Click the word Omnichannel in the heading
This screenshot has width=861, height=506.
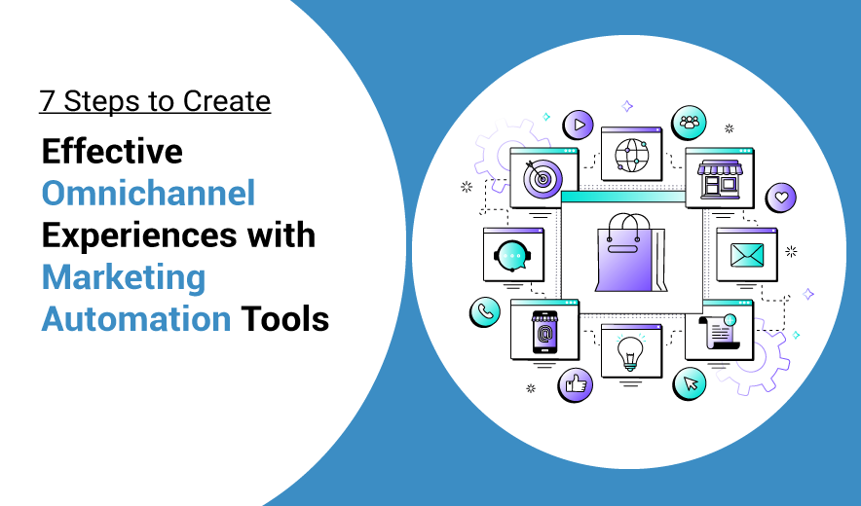(x=148, y=193)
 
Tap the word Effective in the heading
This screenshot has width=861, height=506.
(x=112, y=151)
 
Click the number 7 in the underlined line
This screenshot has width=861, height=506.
(x=47, y=101)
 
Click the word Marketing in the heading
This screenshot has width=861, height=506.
(x=124, y=276)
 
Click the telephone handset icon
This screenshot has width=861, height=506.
(x=484, y=311)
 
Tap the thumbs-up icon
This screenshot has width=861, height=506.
(x=576, y=384)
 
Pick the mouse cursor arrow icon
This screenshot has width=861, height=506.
(x=690, y=382)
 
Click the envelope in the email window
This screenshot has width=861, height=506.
(x=747, y=256)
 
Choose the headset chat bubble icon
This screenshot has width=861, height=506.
(x=512, y=255)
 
